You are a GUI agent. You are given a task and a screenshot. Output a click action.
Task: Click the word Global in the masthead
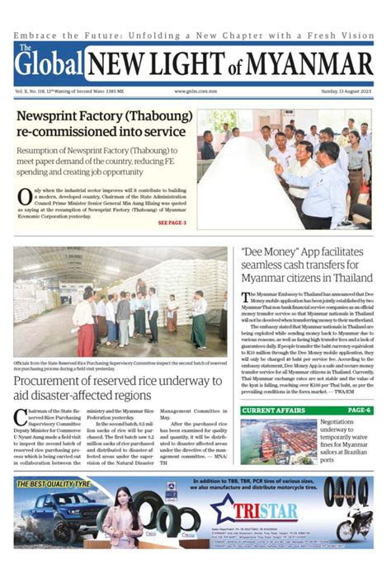(x=49, y=65)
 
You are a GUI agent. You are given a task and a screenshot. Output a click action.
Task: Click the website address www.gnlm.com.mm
(x=195, y=92)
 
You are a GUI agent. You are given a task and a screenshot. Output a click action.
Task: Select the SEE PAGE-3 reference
(x=172, y=223)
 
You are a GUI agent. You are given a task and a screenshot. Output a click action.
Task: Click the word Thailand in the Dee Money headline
(x=350, y=279)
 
